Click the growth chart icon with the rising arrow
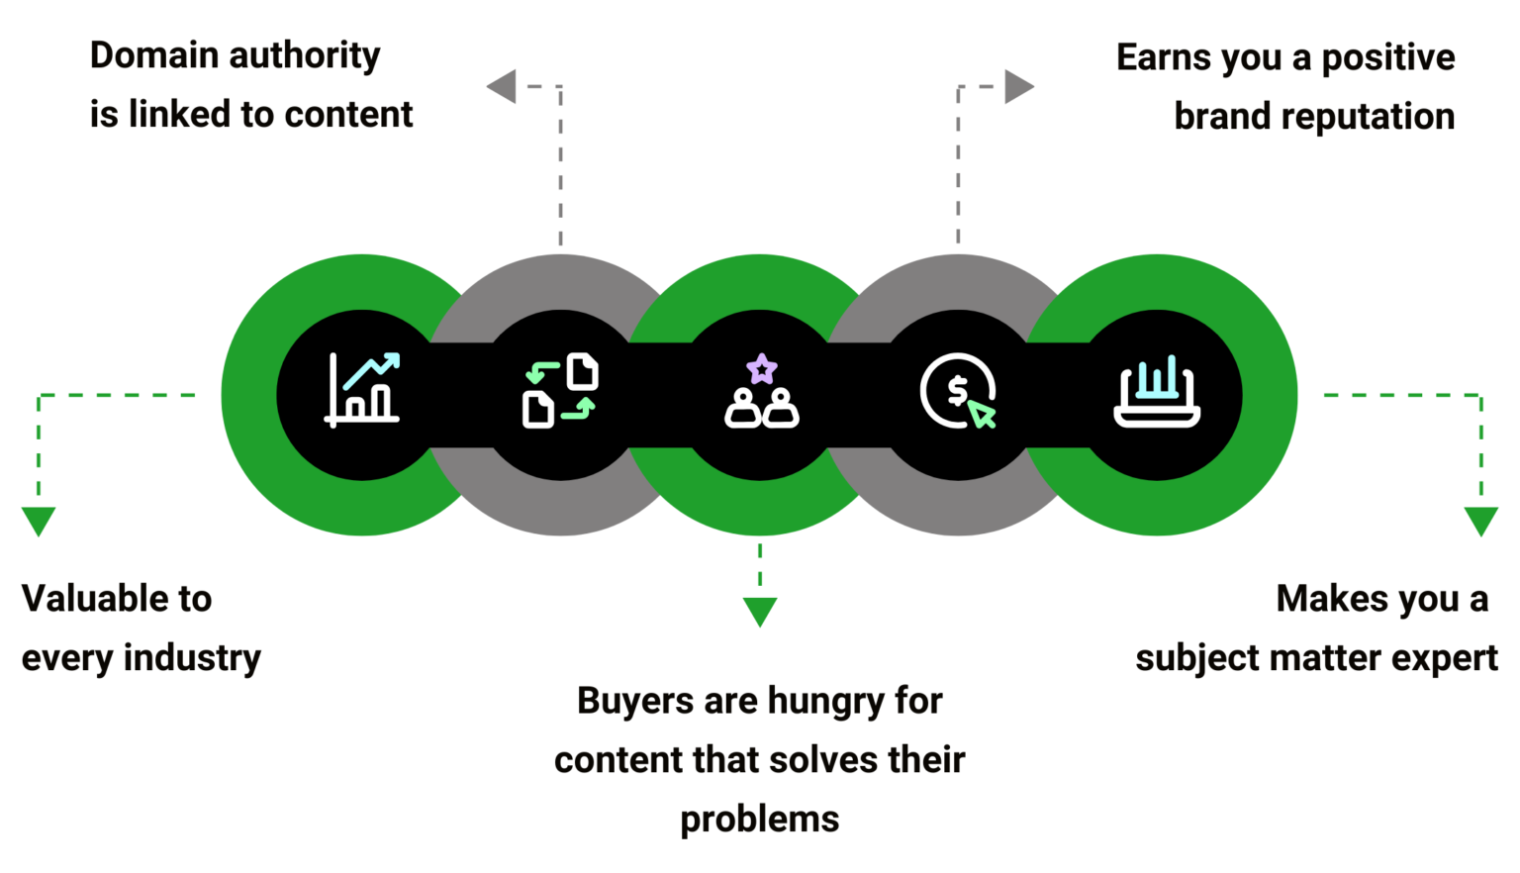[362, 389]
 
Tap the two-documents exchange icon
[560, 391]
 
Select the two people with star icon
[761, 393]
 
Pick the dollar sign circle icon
[957, 391]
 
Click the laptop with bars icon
[1157, 393]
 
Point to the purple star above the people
[761, 369]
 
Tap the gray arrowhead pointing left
[502, 86]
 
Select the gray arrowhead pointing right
[1019, 86]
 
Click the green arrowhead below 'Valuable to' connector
[39, 520]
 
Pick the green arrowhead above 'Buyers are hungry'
[759, 612]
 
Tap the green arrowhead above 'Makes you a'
[1480, 520]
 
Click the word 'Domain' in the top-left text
[152, 55]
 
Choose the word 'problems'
[759, 820]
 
